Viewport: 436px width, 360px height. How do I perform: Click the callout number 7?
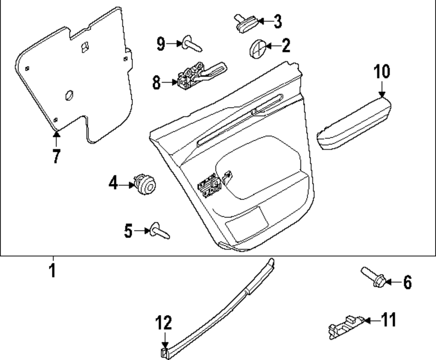click(56, 156)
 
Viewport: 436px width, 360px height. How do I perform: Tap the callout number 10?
click(382, 72)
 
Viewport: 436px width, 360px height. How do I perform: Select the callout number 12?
click(165, 323)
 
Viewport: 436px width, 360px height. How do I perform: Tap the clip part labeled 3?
click(245, 24)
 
